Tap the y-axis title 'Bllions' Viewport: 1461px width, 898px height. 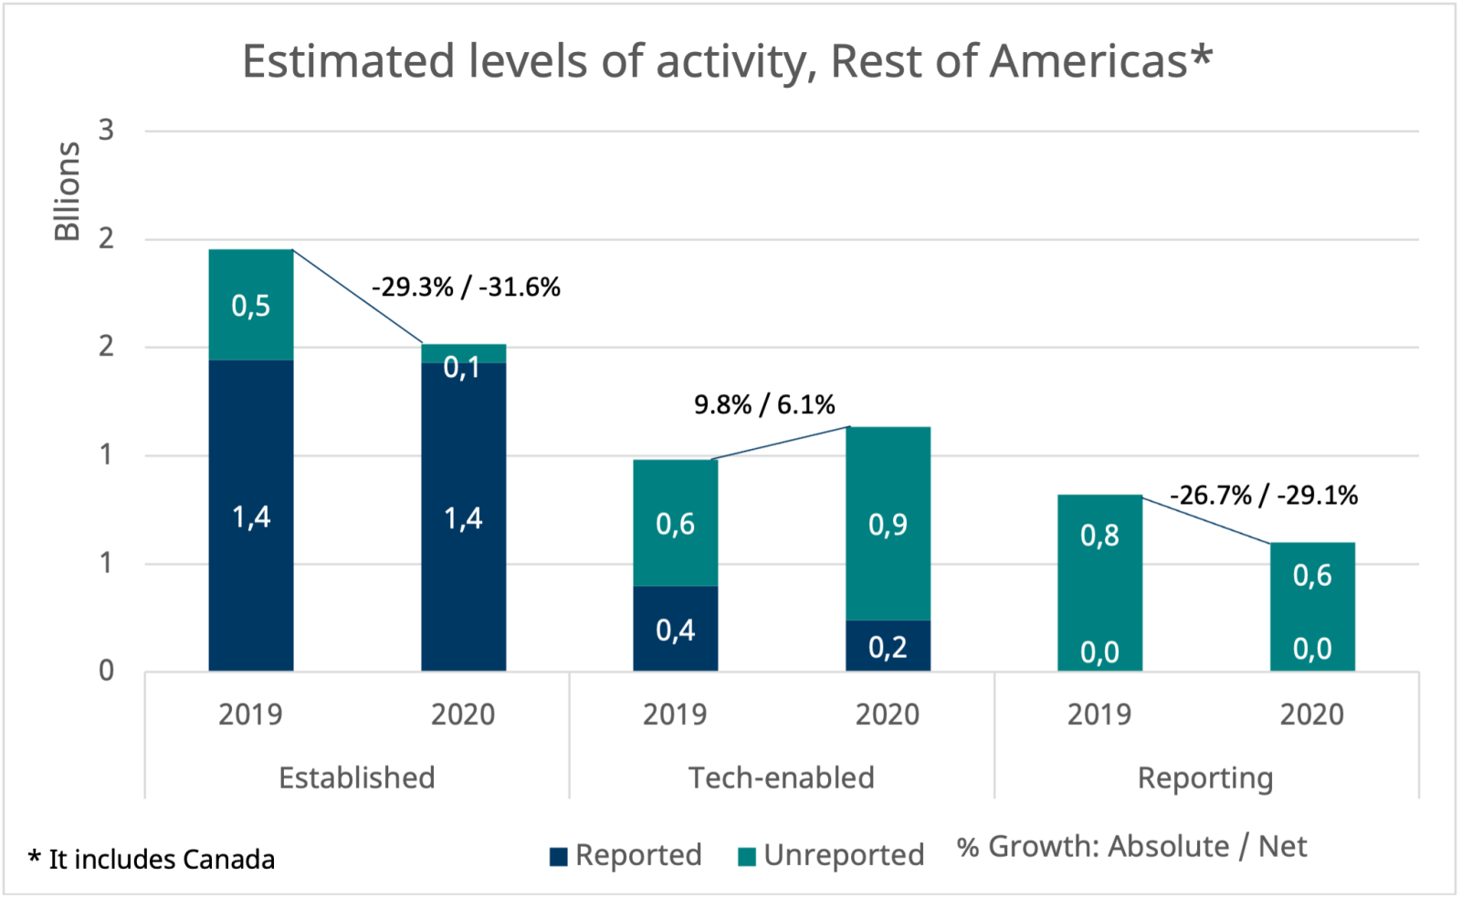pyautogui.click(x=68, y=191)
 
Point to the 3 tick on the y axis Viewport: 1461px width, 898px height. pyautogui.click(x=107, y=131)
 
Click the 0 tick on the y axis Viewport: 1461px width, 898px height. pyautogui.click(x=107, y=672)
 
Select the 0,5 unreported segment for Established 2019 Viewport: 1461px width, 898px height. pyautogui.click(x=251, y=306)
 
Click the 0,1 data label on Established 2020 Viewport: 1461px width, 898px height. pyautogui.click(x=462, y=367)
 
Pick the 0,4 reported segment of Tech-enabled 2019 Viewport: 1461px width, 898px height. pyautogui.click(x=676, y=630)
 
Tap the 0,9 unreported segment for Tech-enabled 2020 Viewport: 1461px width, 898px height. pyautogui.click(x=888, y=524)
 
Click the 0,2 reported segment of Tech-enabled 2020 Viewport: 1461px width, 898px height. pyautogui.click(x=888, y=647)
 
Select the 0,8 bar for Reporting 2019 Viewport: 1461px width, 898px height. pyautogui.click(x=1099, y=535)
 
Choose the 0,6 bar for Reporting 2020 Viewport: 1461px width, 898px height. pyautogui.click(x=1312, y=575)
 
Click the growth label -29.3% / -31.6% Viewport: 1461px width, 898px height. pyautogui.click(x=466, y=287)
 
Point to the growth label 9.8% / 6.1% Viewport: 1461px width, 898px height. pyautogui.click(x=764, y=404)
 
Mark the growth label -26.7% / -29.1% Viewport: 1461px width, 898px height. pyautogui.click(x=1264, y=496)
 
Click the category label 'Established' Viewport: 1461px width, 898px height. pyautogui.click(x=356, y=778)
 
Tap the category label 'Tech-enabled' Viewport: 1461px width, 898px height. pyautogui.click(x=781, y=778)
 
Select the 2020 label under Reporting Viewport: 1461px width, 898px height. pyautogui.click(x=1311, y=715)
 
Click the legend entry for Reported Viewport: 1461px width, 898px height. pyautogui.click(x=626, y=855)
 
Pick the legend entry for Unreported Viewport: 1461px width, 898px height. pyautogui.click(x=832, y=855)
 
